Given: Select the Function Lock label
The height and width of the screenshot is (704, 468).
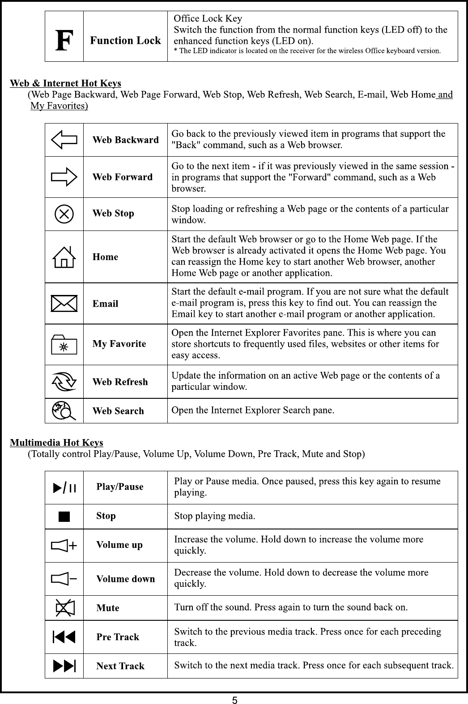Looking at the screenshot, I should tap(125, 41).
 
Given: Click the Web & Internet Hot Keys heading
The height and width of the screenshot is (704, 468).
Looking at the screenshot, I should tap(65, 83).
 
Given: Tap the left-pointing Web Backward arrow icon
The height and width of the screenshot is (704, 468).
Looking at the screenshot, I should tap(64, 140).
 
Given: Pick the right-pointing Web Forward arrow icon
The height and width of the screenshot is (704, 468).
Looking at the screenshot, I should tap(64, 177).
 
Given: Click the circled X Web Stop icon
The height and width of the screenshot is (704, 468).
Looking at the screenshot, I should tap(64, 213).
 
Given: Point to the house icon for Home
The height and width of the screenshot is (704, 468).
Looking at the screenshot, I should tap(64, 257).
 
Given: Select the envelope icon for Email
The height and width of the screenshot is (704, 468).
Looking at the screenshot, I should tap(64, 303).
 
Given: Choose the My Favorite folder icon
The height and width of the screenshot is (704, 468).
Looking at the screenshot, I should tap(64, 344).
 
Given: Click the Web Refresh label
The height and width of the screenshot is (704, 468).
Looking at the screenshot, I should tap(120, 382).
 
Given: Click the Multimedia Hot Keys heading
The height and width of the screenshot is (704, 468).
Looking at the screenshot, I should tap(56, 443).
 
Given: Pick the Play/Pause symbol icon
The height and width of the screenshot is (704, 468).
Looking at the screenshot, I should tap(64, 487).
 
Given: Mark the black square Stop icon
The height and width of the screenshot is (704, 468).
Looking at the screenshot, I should tap(64, 517).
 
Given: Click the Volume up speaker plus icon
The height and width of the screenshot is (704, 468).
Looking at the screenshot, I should tap(64, 546).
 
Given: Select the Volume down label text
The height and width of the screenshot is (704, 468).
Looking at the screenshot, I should tap(126, 579).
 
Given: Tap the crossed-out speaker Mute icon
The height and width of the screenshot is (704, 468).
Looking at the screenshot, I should tap(64, 608).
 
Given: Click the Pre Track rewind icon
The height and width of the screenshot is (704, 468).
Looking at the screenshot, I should tap(64, 637).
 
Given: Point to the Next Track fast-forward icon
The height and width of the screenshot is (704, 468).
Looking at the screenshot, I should tap(64, 666).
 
